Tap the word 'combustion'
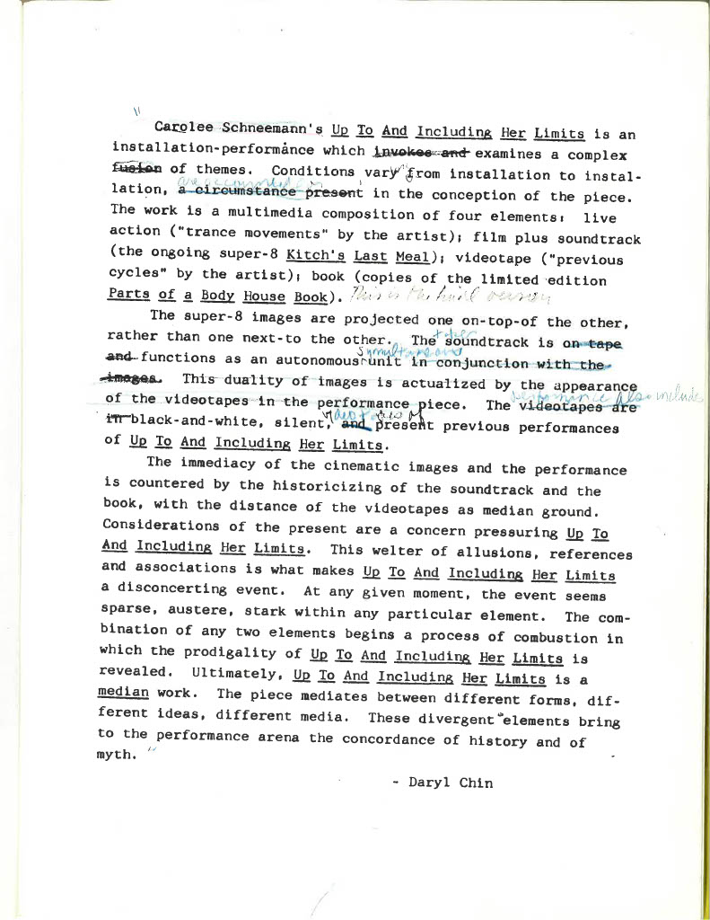tap(547, 637)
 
